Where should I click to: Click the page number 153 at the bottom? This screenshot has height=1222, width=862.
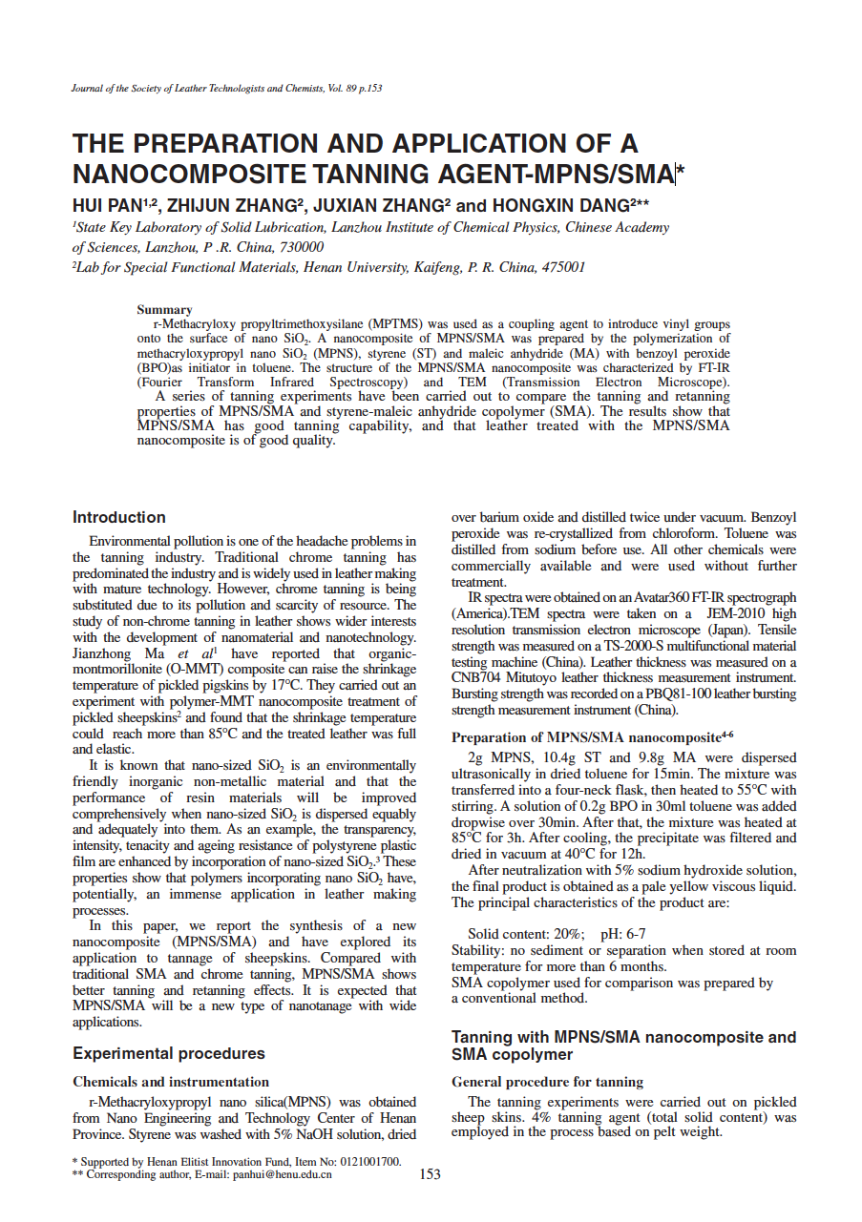(430, 1174)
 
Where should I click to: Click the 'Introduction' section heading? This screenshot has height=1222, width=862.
(119, 517)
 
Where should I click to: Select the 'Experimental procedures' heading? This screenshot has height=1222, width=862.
(169, 1053)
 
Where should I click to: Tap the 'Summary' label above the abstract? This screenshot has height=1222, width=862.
(164, 309)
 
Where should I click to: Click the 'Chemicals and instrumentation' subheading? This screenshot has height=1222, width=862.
(171, 1082)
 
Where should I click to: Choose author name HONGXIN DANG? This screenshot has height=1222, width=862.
(559, 205)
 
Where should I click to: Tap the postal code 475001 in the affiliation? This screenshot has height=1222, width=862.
(563, 267)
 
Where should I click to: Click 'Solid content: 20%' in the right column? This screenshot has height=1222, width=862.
(525, 934)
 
